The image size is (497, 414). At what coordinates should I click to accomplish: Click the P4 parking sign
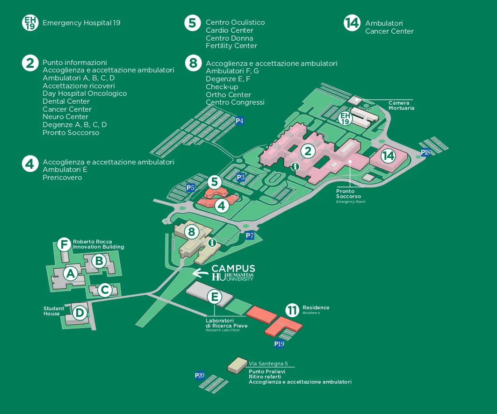(239, 121)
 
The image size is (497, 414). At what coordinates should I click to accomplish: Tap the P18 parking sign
(425, 152)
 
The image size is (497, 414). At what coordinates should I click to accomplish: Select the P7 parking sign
(250, 236)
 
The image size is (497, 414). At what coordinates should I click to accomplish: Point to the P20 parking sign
(200, 375)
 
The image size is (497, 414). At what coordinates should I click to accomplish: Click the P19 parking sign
(279, 344)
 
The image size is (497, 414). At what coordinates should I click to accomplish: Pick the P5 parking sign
(190, 188)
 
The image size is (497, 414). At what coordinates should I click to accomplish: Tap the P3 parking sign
(241, 178)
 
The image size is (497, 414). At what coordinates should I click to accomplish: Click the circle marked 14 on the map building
(388, 156)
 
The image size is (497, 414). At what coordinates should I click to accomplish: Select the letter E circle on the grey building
(214, 297)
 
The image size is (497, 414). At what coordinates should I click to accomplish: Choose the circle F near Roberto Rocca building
(64, 244)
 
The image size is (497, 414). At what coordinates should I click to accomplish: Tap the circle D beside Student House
(80, 312)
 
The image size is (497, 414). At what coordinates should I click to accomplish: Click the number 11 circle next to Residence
(292, 310)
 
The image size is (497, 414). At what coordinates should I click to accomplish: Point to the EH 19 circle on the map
(346, 119)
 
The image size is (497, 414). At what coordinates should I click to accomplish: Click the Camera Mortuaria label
(401, 106)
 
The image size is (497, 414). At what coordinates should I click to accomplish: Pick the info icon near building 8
(212, 243)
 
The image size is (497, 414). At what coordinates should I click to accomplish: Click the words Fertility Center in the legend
(231, 46)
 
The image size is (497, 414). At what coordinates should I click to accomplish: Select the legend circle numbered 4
(30, 164)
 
